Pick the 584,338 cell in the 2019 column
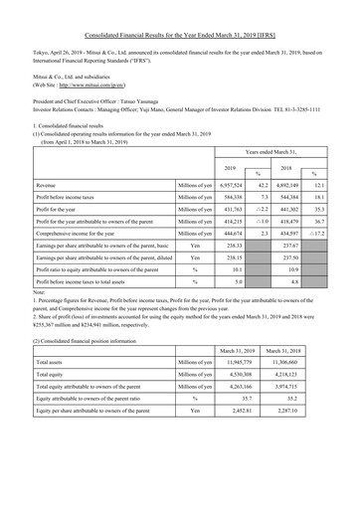click(x=228, y=201)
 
